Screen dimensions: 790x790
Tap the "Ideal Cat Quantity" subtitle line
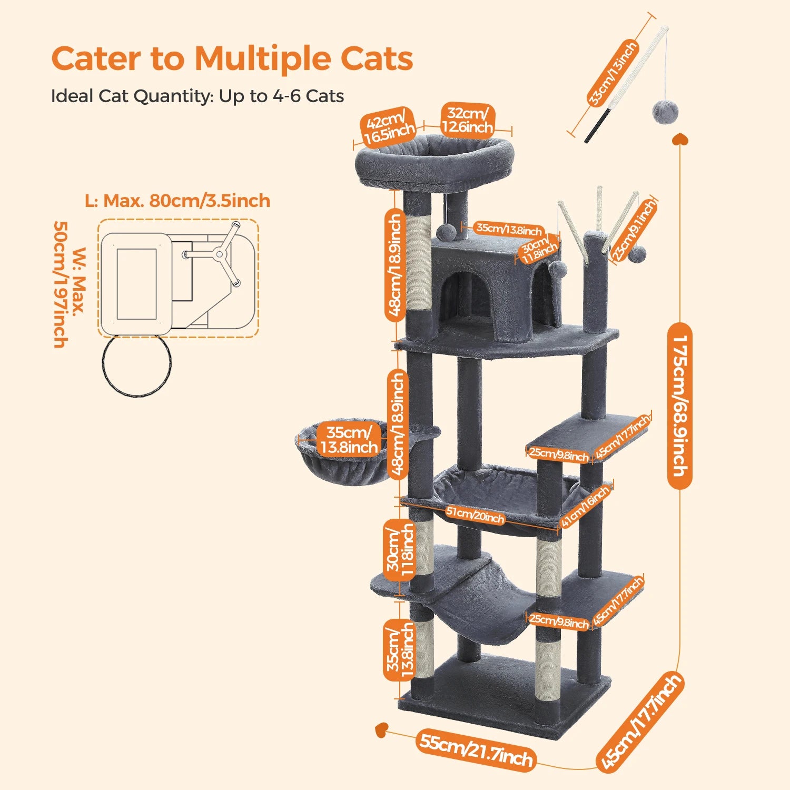(197, 96)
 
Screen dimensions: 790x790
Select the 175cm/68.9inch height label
(679, 406)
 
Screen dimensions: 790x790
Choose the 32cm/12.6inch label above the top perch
(467, 121)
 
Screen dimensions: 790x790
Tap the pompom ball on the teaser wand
(665, 113)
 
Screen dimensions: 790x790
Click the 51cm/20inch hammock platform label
(475, 515)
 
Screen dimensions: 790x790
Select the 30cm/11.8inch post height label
(400, 550)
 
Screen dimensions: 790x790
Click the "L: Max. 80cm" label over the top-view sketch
(177, 201)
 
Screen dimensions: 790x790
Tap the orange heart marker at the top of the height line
(680, 139)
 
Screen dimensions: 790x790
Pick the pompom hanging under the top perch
(446, 232)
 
